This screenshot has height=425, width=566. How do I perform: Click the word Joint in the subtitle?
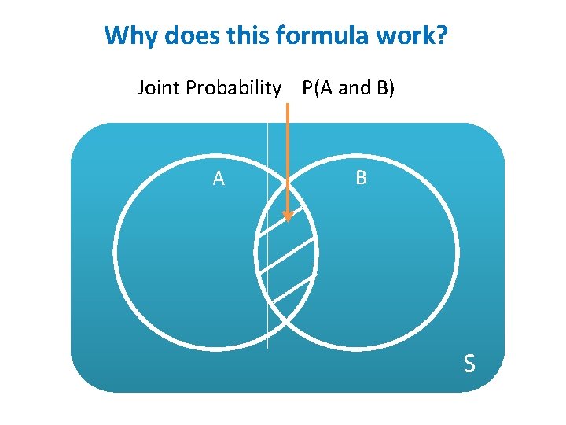pos(159,88)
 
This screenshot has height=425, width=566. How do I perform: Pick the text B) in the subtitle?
pos(384,88)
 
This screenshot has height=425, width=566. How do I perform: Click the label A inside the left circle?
pos(219,179)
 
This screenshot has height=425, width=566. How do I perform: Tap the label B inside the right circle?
pos(361,178)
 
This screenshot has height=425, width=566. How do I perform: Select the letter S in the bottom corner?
pos(469,364)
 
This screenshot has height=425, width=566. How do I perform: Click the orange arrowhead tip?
pos(288,221)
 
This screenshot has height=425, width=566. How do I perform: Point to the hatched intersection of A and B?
pos(287,260)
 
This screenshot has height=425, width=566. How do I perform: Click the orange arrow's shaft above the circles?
pos(288,134)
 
